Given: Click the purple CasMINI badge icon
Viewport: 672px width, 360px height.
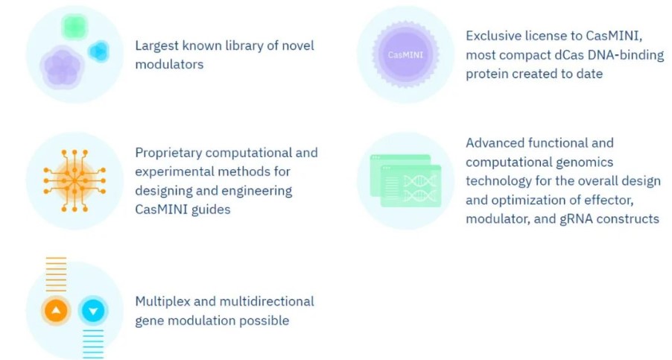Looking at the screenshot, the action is pos(405,54).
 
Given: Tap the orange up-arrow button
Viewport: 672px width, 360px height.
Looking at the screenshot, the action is pos(56,310).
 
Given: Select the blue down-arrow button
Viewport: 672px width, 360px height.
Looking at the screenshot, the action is pos(93,310).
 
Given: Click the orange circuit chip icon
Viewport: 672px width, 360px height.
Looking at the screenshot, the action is pos(75,181).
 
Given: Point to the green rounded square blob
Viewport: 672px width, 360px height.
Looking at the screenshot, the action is pos(75,27).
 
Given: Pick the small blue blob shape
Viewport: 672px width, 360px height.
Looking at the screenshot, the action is pos(99,51).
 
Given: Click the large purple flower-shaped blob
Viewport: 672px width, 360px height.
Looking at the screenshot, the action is pos(62,67).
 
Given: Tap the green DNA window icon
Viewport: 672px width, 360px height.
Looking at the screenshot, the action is pos(405,181).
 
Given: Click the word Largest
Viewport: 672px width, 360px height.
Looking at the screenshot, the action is pos(157,46).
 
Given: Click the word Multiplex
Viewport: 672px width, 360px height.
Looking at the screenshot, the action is pos(162,301).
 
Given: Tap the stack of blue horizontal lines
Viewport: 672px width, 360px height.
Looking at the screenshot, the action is pos(93,344).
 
